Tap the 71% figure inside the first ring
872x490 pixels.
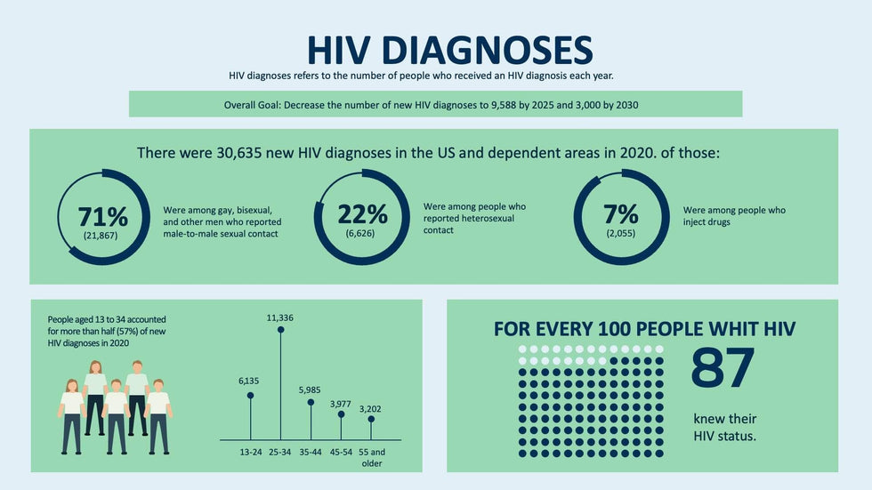[102, 216]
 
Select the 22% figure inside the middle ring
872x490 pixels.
[362, 213]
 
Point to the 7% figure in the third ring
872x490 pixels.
[621, 213]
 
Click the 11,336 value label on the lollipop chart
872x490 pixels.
[281, 317]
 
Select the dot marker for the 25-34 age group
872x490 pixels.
[281, 330]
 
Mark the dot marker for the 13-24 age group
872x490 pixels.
[250, 395]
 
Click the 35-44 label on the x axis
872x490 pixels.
[311, 452]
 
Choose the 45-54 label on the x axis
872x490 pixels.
[341, 452]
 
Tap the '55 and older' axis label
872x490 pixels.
[372, 457]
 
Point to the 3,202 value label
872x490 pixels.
[370, 409]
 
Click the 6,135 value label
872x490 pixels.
[250, 382]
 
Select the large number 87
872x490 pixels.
[722, 368]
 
